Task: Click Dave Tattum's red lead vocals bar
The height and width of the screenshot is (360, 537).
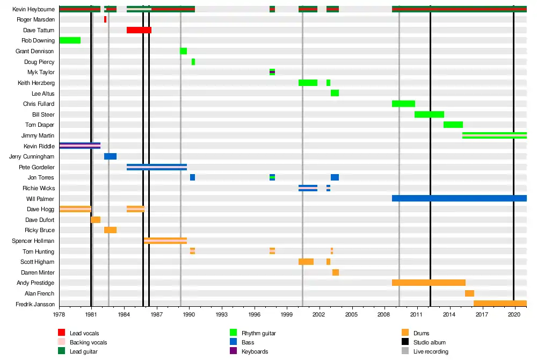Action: pos(139,30)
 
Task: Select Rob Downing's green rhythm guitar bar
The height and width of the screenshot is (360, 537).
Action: pos(70,40)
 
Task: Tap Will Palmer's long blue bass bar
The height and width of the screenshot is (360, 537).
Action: pos(459,198)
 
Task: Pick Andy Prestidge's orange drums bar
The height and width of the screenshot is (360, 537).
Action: pos(429,283)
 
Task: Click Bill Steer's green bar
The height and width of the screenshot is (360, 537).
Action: pos(429,114)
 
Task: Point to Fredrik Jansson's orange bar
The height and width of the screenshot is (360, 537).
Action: pos(500,304)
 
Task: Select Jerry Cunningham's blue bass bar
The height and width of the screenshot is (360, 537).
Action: pos(110,156)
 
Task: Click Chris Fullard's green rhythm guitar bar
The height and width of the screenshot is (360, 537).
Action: pos(403,104)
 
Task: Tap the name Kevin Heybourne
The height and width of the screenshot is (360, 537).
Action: pos(34,9)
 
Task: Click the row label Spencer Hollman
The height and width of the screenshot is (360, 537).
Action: pos(33,241)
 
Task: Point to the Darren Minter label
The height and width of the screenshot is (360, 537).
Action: pos(38,272)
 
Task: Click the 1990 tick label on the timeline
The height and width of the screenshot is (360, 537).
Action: pos(189,314)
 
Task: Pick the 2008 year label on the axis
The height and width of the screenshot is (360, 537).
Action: pos(384,314)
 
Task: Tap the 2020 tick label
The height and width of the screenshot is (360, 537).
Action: pos(514,314)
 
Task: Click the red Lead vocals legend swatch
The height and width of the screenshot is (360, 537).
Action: pos(62,333)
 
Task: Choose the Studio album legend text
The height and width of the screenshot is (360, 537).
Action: pos(429,342)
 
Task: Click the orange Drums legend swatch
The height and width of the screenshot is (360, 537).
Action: pos(405,333)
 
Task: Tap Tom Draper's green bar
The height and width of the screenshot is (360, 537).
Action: pos(453,125)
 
